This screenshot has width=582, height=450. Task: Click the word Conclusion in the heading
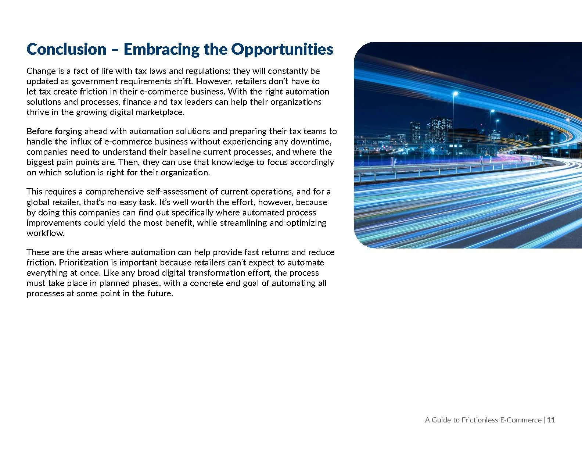click(66, 49)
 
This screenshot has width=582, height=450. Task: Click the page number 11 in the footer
click(551, 420)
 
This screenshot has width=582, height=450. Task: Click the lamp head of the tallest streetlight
click(456, 93)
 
